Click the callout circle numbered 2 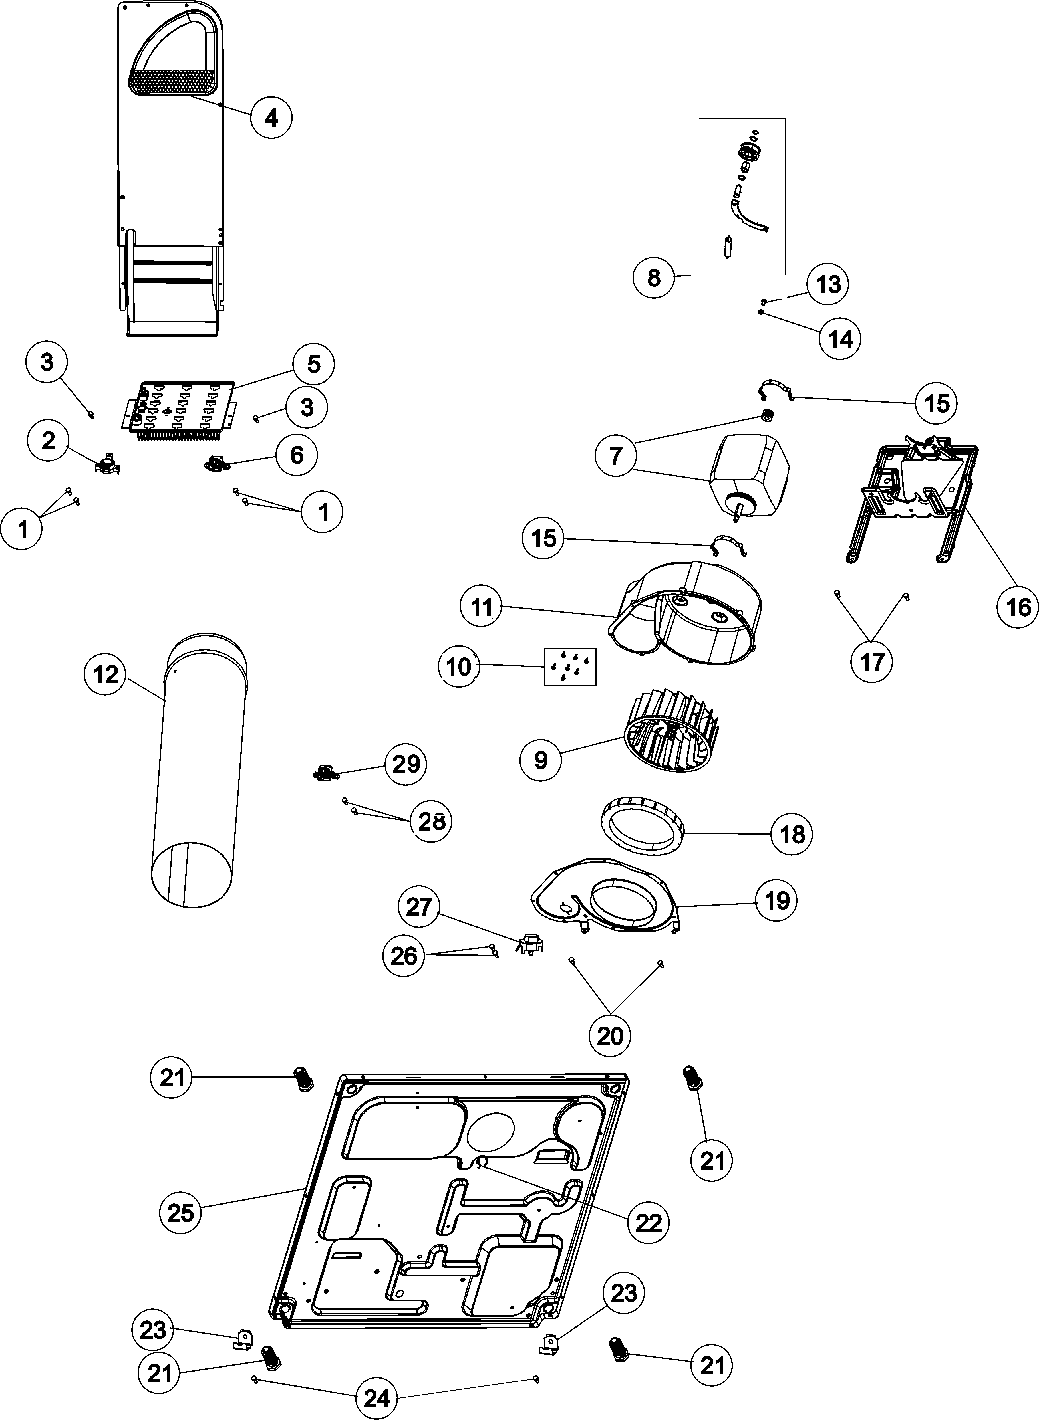(x=49, y=441)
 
